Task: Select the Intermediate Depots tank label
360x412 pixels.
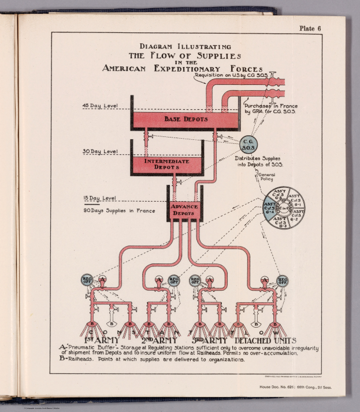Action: [x=166, y=164]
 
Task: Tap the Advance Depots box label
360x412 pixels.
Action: [x=184, y=210]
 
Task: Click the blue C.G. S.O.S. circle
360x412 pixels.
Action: [x=249, y=145]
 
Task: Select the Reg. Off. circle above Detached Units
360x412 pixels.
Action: [x=283, y=281]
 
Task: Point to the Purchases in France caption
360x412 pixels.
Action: [x=270, y=109]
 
